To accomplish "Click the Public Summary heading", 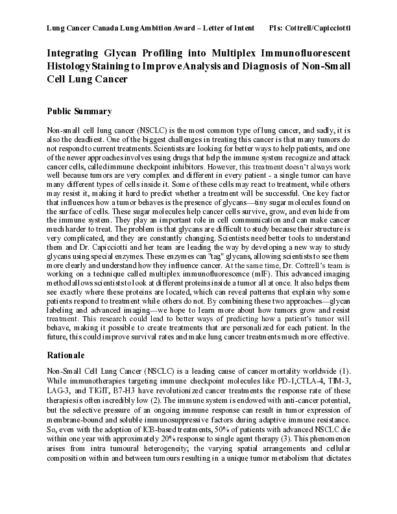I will click(80, 111).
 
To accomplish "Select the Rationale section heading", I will click(71, 356).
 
